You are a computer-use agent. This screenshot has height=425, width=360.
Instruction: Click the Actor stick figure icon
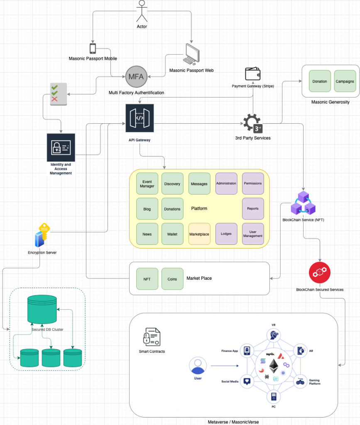pyautogui.click(x=142, y=11)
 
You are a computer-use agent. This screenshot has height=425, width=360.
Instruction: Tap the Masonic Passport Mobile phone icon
pyautogui.click(x=93, y=49)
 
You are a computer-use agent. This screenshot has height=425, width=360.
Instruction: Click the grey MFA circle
pyautogui.click(x=136, y=77)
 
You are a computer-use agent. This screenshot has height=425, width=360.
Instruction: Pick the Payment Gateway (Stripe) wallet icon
pyautogui.click(x=252, y=73)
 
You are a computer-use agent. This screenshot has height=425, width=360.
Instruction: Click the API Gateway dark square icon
pyautogui.click(x=140, y=118)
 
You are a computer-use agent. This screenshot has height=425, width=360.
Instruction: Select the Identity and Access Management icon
pyautogui.click(x=61, y=147)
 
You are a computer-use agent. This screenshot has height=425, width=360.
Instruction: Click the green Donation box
pyautogui.click(x=320, y=81)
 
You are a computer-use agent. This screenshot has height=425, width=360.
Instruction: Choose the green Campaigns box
pyautogui.click(x=345, y=81)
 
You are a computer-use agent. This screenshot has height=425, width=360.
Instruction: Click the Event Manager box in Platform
pyautogui.click(x=148, y=183)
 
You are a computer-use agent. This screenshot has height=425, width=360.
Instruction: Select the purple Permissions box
pyautogui.click(x=253, y=183)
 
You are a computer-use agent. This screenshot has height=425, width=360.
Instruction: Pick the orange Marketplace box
pyautogui.click(x=199, y=234)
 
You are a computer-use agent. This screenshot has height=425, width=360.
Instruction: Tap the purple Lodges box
pyautogui.click(x=226, y=234)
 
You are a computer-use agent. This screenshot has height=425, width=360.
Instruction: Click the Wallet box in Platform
pyautogui.click(x=172, y=234)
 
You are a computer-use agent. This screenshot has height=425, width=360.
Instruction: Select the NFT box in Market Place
pyautogui.click(x=147, y=279)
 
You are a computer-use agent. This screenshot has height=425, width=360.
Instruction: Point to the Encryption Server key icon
pyautogui.click(x=42, y=236)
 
